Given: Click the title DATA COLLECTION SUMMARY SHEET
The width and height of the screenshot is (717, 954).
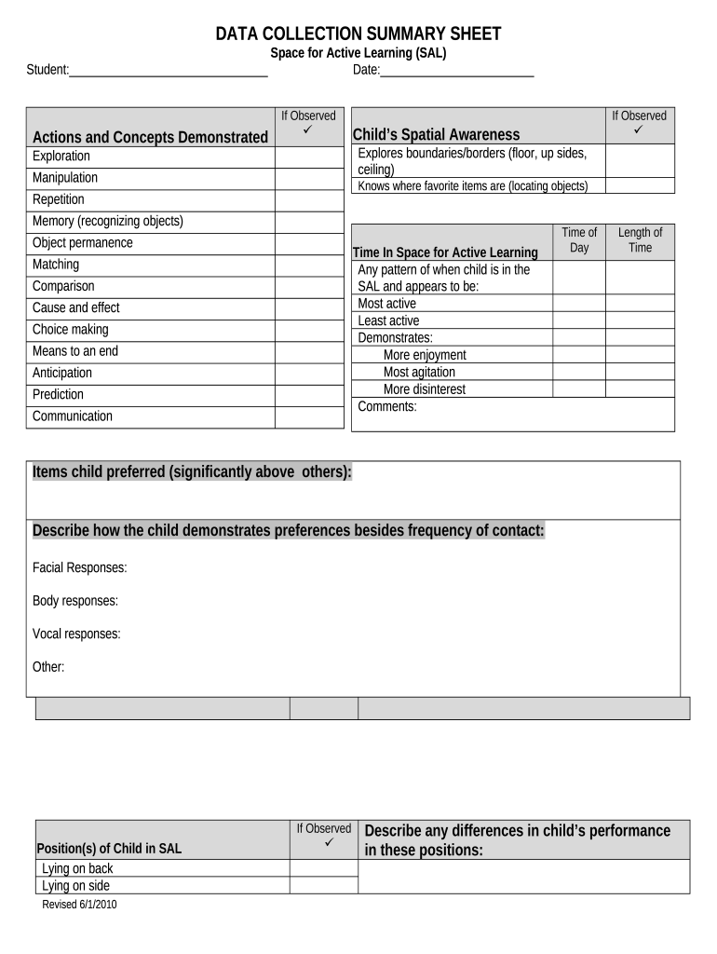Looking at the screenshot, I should pos(358,34).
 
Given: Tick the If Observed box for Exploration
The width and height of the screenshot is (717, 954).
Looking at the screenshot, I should pos(308,157).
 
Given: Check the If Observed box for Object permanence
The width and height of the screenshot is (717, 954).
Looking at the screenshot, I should pos(308,243).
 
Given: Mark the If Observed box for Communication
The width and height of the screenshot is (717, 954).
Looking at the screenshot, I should pos(308,416).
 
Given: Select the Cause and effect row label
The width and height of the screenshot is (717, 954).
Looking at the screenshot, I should pos(76,308).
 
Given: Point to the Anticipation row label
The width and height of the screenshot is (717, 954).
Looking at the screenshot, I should pos(62,373).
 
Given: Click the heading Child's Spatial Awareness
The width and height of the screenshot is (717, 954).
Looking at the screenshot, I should pos(436,135).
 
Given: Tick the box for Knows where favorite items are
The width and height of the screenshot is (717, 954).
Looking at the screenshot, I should pos(640,186).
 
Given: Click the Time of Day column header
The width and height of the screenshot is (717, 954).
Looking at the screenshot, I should pos(579,239).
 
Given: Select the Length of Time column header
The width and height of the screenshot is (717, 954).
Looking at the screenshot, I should pos(640,239).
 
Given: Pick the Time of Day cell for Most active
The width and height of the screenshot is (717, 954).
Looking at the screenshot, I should pos(579,304).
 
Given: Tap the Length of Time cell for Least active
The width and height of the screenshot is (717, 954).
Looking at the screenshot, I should pos(640,320).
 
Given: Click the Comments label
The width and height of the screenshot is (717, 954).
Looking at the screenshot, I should pos(387,406).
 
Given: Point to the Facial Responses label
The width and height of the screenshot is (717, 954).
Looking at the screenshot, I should pos(80,567).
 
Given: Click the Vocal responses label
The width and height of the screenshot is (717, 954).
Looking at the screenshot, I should pos(76,634).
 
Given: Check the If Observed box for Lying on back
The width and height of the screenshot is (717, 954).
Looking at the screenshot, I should pos(323,868).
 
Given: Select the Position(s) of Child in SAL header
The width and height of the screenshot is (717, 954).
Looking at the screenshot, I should pos(109,849).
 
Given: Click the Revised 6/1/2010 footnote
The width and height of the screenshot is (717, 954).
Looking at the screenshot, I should pos(80,905).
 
